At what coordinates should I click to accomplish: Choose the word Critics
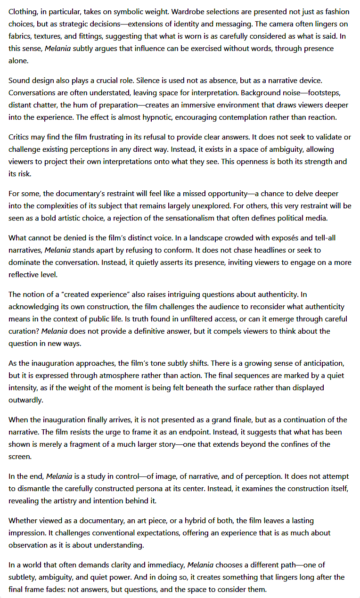(x=21, y=137)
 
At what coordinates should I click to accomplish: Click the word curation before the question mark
(x=24, y=331)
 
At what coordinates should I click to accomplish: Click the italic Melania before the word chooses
(x=200, y=565)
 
